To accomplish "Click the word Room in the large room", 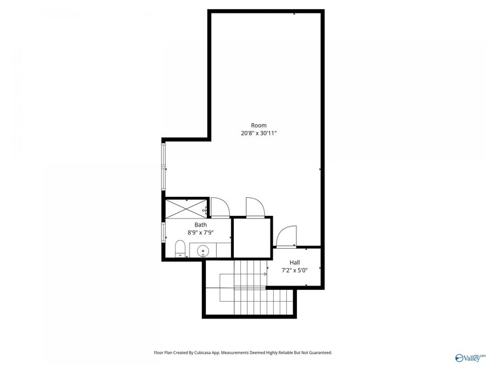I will [x=259, y=125].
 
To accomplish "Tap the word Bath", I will [x=200, y=224].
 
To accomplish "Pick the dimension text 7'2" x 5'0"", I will [x=294, y=270].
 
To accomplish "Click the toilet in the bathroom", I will [x=181, y=249].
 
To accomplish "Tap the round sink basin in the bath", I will [x=203, y=250].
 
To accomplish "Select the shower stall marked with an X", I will [x=186, y=208].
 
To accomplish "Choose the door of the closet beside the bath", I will [x=254, y=207].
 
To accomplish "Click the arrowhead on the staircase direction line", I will [x=265, y=274].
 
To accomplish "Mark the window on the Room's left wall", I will [x=164, y=165].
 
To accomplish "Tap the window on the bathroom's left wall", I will [x=164, y=233].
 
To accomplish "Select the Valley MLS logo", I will [x=470, y=357].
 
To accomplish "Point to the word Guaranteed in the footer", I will [x=318, y=353].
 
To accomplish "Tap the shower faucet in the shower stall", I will [x=205, y=208].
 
